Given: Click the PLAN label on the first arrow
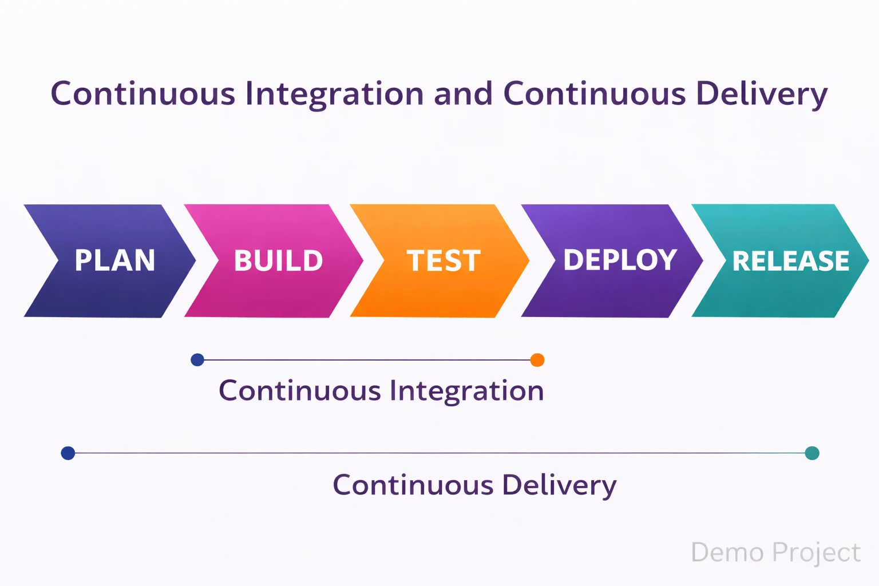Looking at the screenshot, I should pos(115,260).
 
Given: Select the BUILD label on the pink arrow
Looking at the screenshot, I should pos(279,261).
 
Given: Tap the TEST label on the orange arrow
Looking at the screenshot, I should pos(444,261).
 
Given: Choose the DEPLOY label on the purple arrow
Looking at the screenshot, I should pos(620,260).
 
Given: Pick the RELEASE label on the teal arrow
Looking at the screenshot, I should pos(791,261).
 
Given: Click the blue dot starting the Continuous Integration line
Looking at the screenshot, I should pos(197,360).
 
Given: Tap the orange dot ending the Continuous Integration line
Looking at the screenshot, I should pos(537,360).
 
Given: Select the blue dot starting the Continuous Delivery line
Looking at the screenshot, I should pos(68,453).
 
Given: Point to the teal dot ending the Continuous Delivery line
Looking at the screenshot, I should pos(812,453).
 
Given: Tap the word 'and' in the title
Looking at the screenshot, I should pos(463,93).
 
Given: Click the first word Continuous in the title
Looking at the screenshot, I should pos(143,93).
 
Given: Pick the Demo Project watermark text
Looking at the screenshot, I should pos(775,553).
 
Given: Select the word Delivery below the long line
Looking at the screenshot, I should pos(559,486).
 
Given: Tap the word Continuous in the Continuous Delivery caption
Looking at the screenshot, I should pos(413,485).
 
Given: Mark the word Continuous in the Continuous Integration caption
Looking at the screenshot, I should pos(300,391).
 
